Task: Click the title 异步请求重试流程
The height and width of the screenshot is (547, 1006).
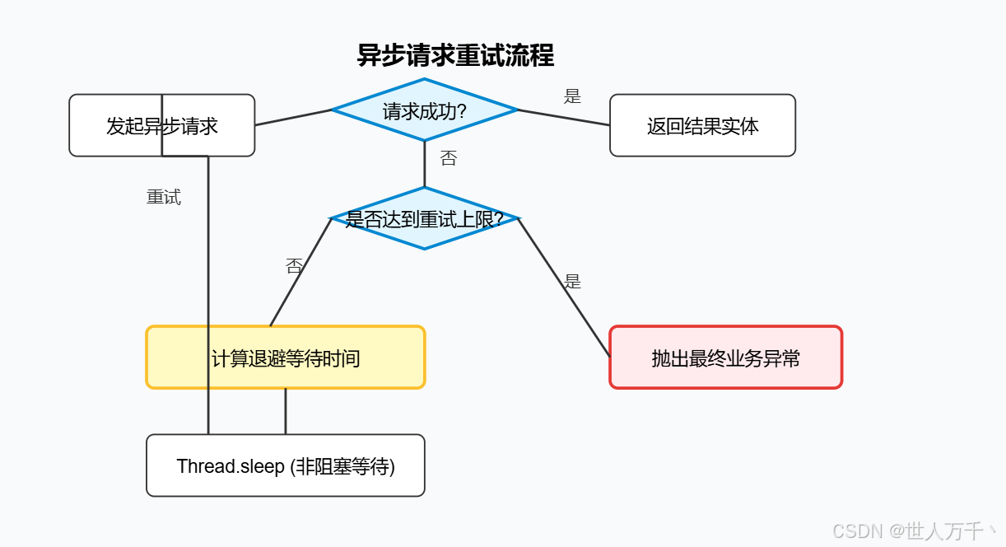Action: click(455, 55)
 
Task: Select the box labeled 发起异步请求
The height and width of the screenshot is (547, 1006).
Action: click(161, 125)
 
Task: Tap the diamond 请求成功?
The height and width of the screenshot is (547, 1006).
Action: click(424, 110)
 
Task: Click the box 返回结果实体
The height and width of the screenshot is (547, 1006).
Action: click(702, 126)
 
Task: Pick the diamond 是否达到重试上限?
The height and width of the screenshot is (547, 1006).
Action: click(424, 219)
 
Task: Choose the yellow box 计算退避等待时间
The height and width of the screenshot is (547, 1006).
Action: click(285, 358)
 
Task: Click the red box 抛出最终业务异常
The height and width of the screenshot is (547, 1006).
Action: click(725, 358)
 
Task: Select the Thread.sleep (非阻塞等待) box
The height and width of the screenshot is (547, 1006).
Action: click(285, 466)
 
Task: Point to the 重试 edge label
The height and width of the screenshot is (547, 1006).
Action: click(164, 198)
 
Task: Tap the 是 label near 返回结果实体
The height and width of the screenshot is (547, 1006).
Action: click(572, 96)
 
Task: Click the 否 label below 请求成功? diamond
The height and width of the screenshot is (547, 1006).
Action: click(448, 159)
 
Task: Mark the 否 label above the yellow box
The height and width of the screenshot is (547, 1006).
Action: click(294, 266)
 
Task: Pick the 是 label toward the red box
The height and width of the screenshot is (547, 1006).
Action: click(572, 282)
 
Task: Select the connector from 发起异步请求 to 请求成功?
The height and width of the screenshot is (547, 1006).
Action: click(293, 117)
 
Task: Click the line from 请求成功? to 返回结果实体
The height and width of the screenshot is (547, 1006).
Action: click(564, 117)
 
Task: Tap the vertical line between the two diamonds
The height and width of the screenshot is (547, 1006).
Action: click(425, 165)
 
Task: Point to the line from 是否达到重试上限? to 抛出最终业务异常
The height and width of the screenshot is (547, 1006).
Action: click(564, 288)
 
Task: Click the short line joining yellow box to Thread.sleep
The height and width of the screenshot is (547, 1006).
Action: click(286, 411)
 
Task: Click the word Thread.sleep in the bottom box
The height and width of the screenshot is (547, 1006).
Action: click(231, 466)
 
